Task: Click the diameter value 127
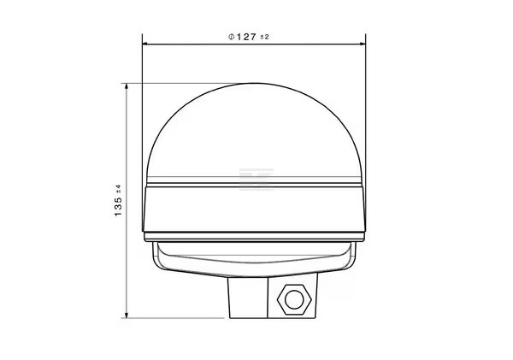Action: (246, 37)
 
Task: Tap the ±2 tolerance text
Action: (264, 37)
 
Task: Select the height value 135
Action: (118, 207)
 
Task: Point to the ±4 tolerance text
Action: (119, 189)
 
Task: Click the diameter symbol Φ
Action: (232, 37)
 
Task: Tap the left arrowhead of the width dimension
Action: (145, 44)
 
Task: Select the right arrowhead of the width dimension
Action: (363, 44)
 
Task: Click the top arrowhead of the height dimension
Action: (127, 86)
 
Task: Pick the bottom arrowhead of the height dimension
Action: (127, 315)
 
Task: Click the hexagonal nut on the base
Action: (294, 300)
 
